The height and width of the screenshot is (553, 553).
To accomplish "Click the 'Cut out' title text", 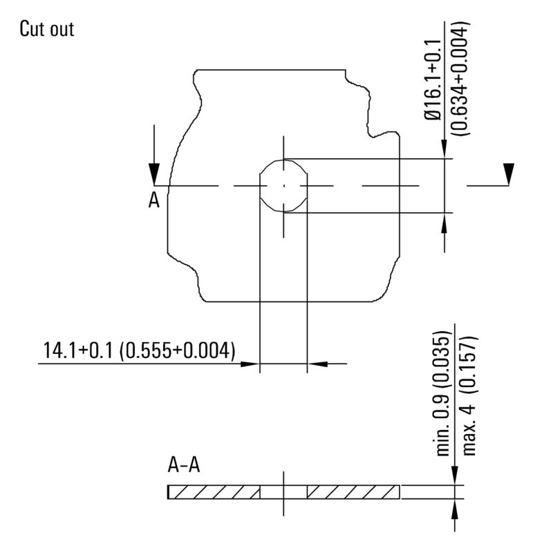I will click(46, 29).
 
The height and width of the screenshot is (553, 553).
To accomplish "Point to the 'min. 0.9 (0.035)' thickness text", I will click(443, 393).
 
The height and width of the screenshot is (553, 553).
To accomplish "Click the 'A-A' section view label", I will click(184, 465).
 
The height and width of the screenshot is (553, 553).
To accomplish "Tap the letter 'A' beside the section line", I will click(154, 200).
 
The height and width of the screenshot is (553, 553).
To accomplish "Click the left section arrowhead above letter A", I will click(155, 173).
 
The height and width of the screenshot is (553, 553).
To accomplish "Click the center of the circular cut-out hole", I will click(283, 185).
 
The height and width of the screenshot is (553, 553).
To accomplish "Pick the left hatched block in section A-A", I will click(214, 491).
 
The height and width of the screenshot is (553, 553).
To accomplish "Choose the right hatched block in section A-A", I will click(353, 491).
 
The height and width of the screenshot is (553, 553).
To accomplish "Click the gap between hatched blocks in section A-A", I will click(283, 491).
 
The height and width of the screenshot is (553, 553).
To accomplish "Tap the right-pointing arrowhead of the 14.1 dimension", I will click(250, 362).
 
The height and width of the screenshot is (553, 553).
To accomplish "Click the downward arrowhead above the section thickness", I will click(454, 476).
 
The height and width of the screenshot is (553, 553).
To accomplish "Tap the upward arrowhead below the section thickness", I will click(454, 507).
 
